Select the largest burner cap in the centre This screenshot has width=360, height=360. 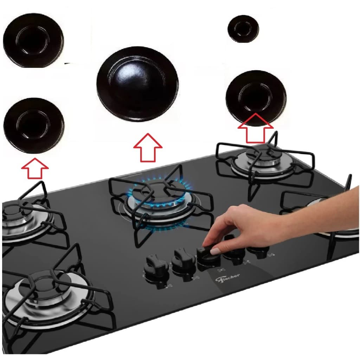click(x=137, y=84)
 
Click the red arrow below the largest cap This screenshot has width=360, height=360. click(x=148, y=148)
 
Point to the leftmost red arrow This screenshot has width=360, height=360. click(x=34, y=168)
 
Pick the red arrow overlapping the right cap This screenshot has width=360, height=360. click(x=255, y=127)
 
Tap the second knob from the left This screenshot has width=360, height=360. click(x=183, y=261)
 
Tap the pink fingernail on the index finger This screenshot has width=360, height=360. click(x=215, y=251)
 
